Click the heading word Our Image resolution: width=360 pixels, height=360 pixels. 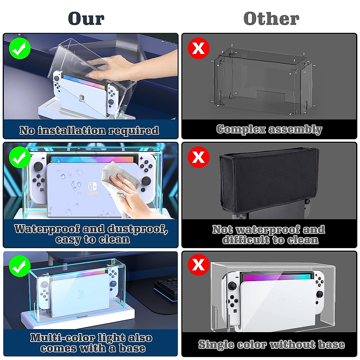pyautogui.click(x=86, y=19)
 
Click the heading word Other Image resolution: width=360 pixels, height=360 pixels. pyautogui.click(x=271, y=19)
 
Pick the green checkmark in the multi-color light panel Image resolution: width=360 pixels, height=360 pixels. pyautogui.click(x=20, y=266)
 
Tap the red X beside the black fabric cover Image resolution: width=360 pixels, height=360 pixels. pyautogui.click(x=198, y=157)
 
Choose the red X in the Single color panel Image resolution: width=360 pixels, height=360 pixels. pyautogui.click(x=198, y=265)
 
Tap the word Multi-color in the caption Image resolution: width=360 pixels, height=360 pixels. pyautogui.click(x=60, y=338)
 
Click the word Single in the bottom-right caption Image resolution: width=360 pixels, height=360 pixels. pyautogui.click(x=216, y=344)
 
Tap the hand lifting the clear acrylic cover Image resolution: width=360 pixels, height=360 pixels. pyautogui.click(x=120, y=66)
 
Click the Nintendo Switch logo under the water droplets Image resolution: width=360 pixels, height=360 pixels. pyautogui.click(x=92, y=189)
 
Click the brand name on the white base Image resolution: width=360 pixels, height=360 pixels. pyautogui.click(x=82, y=316)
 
